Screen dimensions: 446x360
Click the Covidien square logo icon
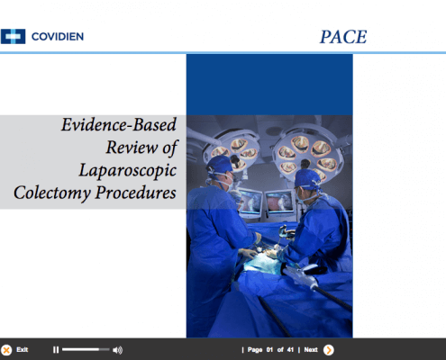(x=13, y=37)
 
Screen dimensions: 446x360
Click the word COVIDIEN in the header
(x=58, y=37)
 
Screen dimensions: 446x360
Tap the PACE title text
(x=343, y=37)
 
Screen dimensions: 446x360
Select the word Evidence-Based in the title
(x=119, y=124)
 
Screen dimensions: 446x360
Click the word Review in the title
(x=132, y=148)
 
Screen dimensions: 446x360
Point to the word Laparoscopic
(x=128, y=171)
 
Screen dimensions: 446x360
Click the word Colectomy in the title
(x=52, y=193)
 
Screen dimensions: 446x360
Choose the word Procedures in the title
(x=136, y=193)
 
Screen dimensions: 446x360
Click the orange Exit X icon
(x=6, y=350)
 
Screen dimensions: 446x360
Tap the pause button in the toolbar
(x=56, y=350)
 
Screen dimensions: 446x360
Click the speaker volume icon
(x=117, y=350)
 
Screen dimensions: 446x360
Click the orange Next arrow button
(x=329, y=350)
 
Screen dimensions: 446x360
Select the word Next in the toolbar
(x=311, y=349)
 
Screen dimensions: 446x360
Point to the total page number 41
(x=290, y=349)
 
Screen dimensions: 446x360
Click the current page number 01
(x=269, y=349)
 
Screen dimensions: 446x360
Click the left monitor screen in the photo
(x=250, y=202)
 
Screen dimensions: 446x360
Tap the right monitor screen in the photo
(x=279, y=202)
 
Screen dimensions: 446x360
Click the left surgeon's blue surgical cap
(x=220, y=165)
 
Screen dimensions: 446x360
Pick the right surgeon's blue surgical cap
(x=307, y=179)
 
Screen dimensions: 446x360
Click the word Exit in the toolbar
(x=23, y=349)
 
